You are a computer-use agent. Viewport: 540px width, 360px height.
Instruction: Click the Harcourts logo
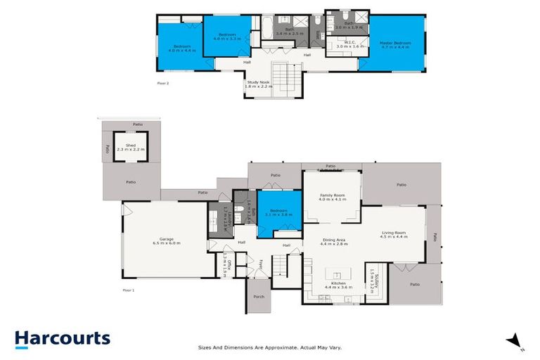pyautogui.click(x=63, y=338)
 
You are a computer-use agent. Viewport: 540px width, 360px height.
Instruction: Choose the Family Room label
pyautogui.click(x=333, y=198)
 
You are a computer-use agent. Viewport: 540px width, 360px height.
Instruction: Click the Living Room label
pyautogui.click(x=396, y=233)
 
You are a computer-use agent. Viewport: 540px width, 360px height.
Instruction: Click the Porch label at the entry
pyautogui.click(x=258, y=296)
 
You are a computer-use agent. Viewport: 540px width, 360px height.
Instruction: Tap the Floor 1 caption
pyautogui.click(x=128, y=290)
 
